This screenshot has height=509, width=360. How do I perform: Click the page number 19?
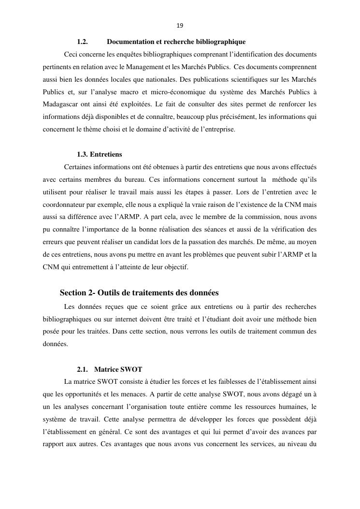pos(180,26)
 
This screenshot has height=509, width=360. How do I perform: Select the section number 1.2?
pos(82,42)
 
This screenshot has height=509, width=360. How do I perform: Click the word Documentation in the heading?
pos(129,42)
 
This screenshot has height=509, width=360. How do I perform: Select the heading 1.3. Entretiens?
pos(100,155)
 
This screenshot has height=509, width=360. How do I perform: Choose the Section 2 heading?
pos(139,293)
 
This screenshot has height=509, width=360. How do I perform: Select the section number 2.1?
pos(82,369)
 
